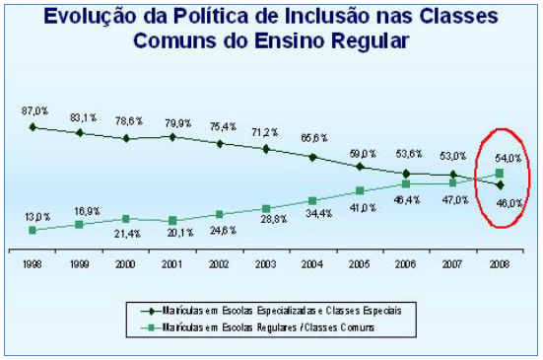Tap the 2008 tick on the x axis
tap(500, 264)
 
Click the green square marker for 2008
tap(500, 174)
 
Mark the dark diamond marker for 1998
tap(34, 126)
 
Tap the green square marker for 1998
tap(34, 230)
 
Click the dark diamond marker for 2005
tap(360, 167)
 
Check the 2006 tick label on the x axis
tap(406, 264)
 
